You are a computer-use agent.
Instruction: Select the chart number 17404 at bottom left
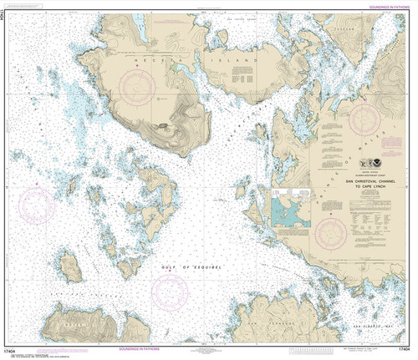coord(14,354)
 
